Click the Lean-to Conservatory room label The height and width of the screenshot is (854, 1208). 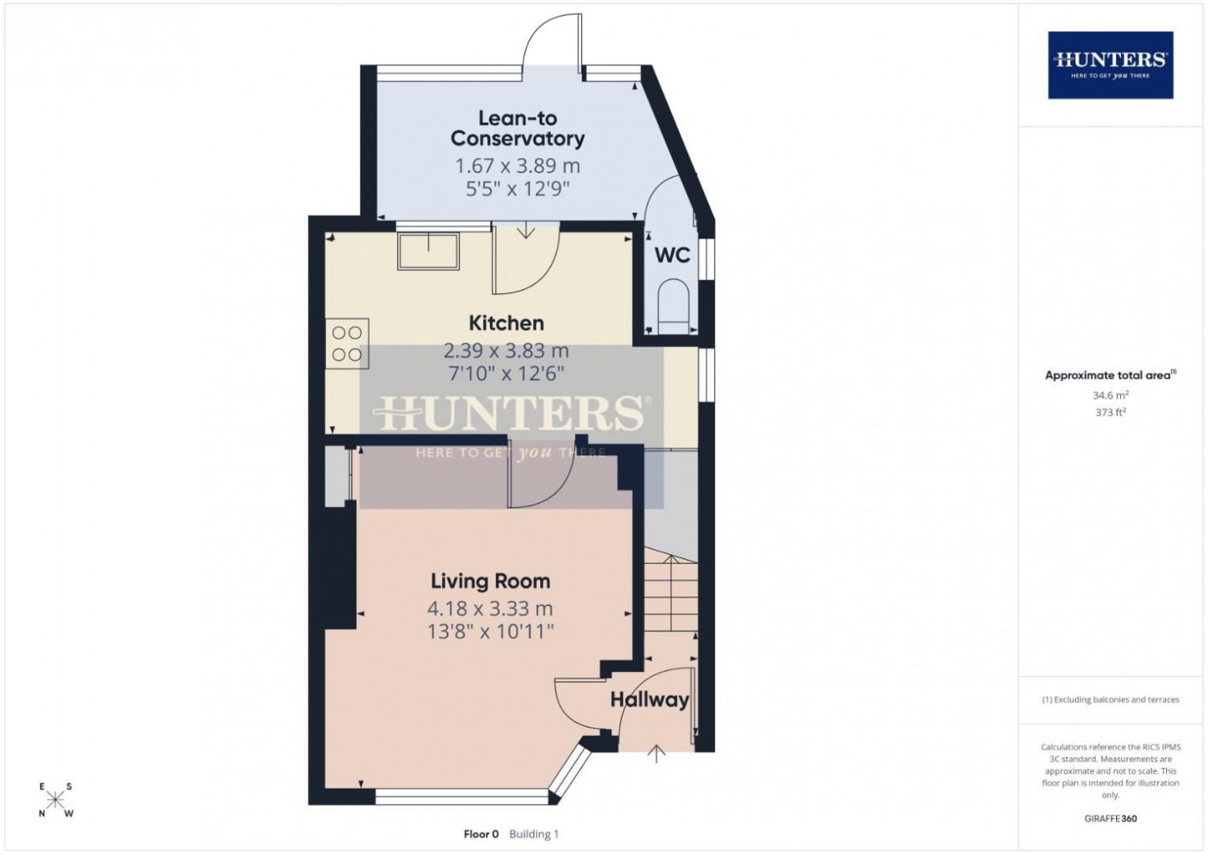coord(517,128)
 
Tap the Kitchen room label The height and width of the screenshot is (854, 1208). coord(507,323)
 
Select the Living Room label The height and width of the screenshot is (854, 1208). coord(490,581)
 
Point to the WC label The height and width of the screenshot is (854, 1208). coord(672,255)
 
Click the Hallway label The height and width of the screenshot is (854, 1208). coord(649,699)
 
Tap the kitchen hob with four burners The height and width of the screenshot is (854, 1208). coord(347,344)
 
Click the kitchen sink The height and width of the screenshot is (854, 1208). coord(428,251)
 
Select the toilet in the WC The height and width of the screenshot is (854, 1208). coord(673,306)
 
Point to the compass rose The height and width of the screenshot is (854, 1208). coord(55,799)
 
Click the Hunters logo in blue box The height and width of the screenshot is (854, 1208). coord(1111,65)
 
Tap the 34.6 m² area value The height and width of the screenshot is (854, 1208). coord(1111,395)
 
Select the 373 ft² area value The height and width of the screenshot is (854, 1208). coord(1111,412)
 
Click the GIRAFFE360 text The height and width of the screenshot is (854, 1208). coord(1111,819)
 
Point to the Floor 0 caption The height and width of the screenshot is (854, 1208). coord(481,834)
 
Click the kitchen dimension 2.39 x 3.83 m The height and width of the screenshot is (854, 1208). coord(506,351)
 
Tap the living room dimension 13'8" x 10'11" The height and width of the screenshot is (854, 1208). coord(490,631)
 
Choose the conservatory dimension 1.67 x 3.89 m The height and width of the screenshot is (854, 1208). coord(518,166)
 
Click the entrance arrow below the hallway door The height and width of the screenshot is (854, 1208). coord(656,753)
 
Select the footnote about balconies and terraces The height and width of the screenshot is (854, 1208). coord(1111,699)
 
